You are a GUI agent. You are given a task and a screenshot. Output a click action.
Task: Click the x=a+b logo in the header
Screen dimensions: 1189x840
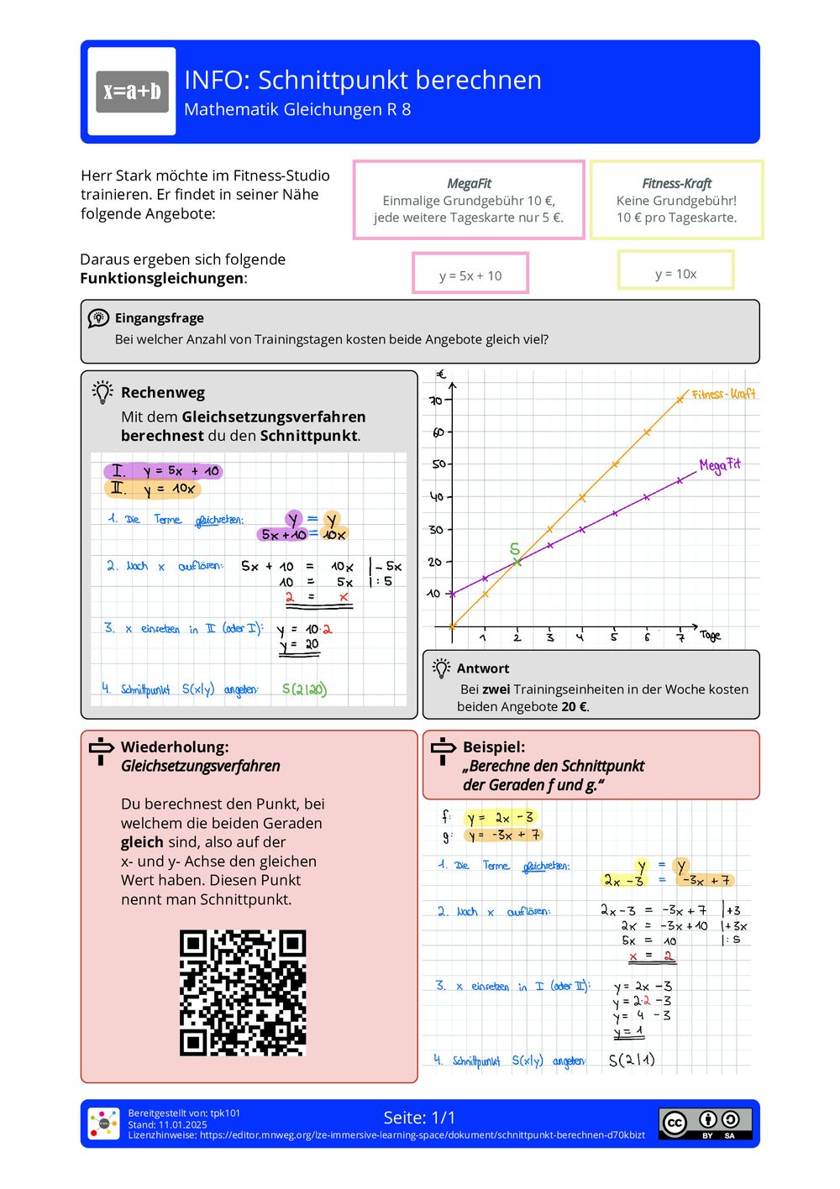click(132, 92)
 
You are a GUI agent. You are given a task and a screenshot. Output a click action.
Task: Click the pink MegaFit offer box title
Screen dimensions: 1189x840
click(469, 183)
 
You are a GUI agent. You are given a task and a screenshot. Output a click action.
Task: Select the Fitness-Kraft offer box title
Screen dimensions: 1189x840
click(676, 183)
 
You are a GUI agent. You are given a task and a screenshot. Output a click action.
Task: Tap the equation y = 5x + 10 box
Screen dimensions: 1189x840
click(470, 275)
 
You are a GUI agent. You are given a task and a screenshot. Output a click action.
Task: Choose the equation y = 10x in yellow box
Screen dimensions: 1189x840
click(675, 274)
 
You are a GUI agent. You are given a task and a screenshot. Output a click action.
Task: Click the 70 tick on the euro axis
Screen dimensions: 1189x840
click(435, 401)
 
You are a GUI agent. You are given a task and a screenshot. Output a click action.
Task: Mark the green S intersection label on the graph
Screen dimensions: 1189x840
click(515, 549)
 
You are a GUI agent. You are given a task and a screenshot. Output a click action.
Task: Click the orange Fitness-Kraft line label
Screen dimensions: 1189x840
click(723, 393)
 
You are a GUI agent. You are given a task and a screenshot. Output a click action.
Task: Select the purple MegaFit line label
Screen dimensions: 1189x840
click(720, 464)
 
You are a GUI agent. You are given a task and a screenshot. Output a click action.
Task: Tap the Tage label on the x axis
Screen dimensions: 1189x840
click(710, 636)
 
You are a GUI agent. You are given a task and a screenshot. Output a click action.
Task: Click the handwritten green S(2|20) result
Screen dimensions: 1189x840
click(304, 689)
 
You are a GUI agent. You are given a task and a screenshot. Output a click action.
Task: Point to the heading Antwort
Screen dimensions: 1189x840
click(482, 668)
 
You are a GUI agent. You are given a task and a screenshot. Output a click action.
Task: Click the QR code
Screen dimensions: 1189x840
click(243, 992)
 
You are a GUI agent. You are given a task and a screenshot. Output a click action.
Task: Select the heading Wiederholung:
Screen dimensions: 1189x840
click(175, 746)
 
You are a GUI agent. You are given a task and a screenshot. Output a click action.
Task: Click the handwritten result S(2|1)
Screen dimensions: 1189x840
click(632, 1060)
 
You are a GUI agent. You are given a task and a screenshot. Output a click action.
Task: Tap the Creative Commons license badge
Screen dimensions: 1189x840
click(705, 1123)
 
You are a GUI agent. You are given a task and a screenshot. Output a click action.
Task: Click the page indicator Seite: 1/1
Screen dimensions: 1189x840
click(419, 1118)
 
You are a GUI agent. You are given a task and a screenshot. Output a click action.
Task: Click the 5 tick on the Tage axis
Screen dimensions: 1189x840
click(614, 637)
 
